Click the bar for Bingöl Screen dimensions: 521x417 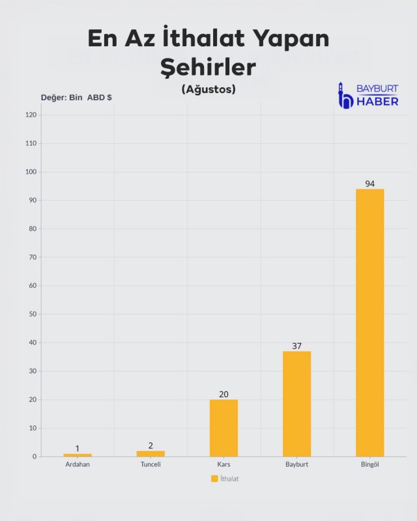(x=369, y=322)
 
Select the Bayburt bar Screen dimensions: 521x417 (x=296, y=404)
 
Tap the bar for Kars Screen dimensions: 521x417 (x=223, y=428)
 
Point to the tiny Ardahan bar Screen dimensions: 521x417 (x=78, y=455)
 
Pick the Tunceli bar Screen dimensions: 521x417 (x=151, y=453)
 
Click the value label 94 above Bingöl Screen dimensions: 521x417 (x=369, y=184)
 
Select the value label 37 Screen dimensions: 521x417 (x=296, y=346)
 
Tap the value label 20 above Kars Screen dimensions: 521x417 (x=223, y=394)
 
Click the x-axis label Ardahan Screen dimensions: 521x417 (x=78, y=465)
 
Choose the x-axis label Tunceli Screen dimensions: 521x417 (x=151, y=465)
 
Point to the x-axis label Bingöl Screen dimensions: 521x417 (x=369, y=465)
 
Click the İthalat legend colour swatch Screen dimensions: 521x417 (x=214, y=479)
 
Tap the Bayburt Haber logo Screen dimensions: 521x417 (x=368, y=95)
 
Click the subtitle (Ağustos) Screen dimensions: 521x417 (x=208, y=89)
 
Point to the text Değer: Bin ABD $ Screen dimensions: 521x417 (x=76, y=97)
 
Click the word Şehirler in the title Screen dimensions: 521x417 (x=208, y=66)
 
